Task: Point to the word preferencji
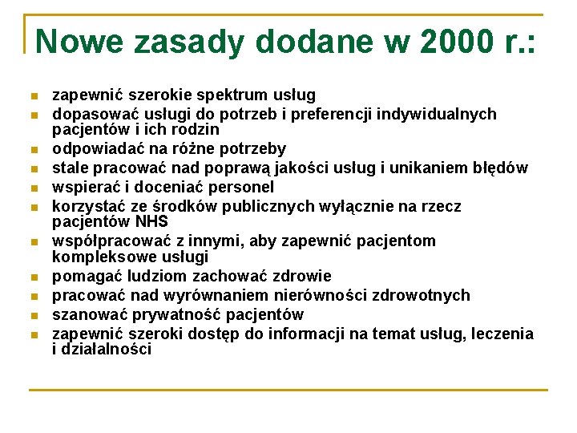pyautogui.click(x=331, y=115)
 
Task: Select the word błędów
pyautogui.click(x=498, y=168)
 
